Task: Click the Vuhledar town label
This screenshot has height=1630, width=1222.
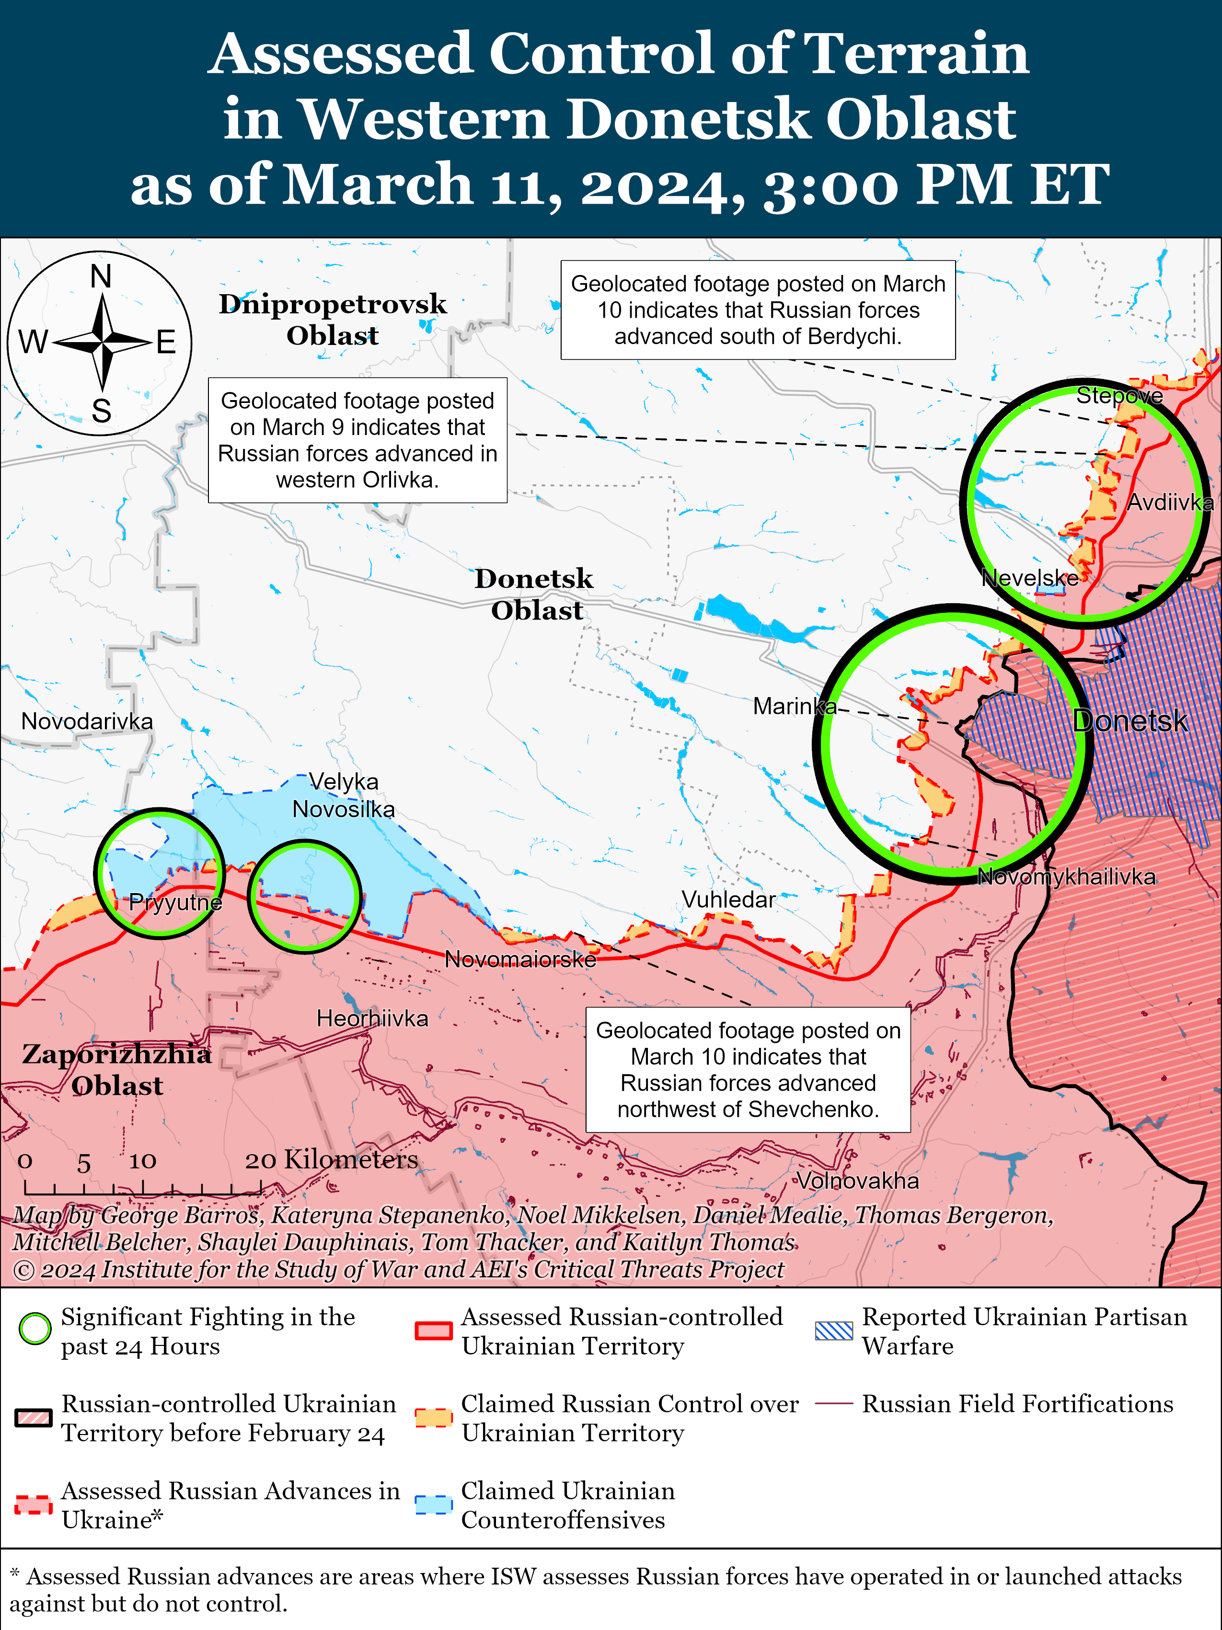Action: click(x=728, y=900)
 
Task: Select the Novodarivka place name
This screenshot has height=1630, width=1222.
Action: click(x=87, y=722)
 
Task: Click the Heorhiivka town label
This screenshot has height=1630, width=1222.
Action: click(x=372, y=1018)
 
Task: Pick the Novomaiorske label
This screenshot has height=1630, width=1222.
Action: click(x=520, y=959)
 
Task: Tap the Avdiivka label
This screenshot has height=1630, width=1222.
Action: click(x=1170, y=503)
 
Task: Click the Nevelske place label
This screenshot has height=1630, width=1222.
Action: click(x=1030, y=578)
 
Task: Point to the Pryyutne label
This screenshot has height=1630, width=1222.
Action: click(x=175, y=902)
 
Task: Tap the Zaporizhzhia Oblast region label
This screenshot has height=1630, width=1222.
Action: click(x=116, y=1069)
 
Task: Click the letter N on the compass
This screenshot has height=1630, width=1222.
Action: click(x=101, y=277)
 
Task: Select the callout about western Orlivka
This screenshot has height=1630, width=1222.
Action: click(x=357, y=440)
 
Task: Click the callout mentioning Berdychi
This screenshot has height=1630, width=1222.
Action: click(x=758, y=310)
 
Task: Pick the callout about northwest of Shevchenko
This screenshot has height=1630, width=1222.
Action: click(x=748, y=1069)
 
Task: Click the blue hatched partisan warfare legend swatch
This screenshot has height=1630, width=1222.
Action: click(x=833, y=1330)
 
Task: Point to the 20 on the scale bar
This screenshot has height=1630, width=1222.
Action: click(x=260, y=1160)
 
